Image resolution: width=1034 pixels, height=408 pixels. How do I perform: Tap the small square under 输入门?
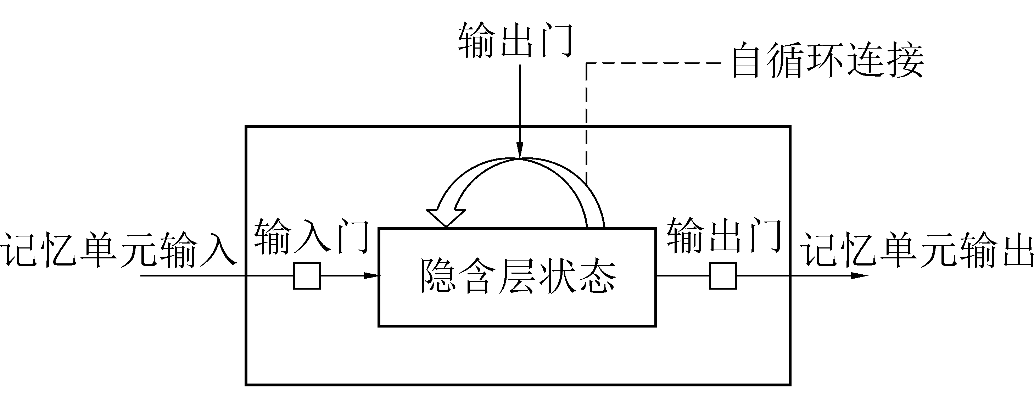click(307, 276)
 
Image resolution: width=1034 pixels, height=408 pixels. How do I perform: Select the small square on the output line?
click(723, 276)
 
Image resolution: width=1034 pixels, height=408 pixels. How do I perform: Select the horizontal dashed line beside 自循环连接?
click(654, 63)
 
